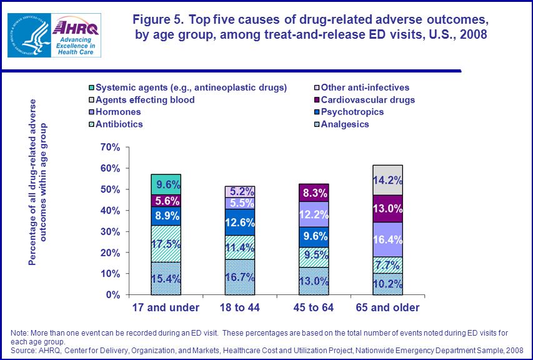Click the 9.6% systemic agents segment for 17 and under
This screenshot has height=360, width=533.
pyautogui.click(x=166, y=184)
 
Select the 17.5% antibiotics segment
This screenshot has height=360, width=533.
pyautogui.click(x=166, y=244)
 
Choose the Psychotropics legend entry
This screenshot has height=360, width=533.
pyautogui.click(x=353, y=112)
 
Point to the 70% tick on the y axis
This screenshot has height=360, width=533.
pyautogui.click(x=109, y=147)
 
